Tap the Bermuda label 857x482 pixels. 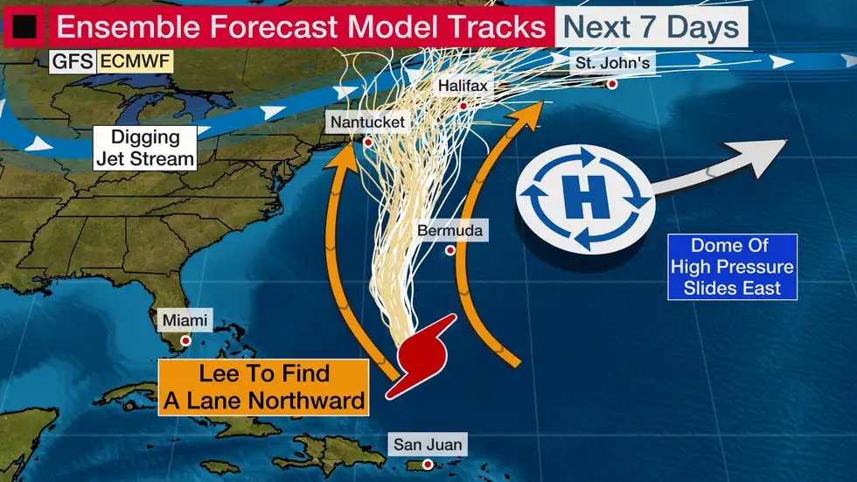(450, 232)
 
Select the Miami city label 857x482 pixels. (185, 321)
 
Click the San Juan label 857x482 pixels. (427, 445)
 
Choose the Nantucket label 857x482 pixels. (367, 122)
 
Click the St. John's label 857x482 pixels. (611, 63)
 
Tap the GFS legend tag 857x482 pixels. (73, 62)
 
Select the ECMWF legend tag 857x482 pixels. (134, 62)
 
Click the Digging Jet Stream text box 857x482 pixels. (145, 148)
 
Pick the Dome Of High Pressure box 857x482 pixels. (731, 267)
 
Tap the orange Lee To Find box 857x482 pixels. (263, 387)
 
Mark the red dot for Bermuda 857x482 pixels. (450, 251)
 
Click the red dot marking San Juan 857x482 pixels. (428, 465)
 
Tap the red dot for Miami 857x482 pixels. (185, 340)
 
